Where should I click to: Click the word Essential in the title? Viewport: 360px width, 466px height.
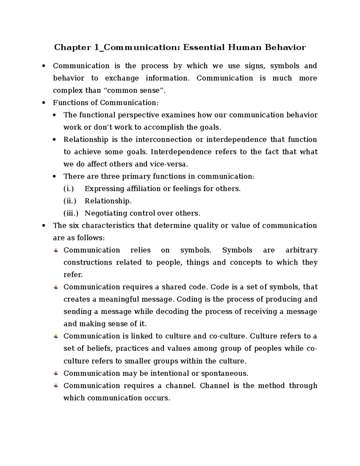pos(204,47)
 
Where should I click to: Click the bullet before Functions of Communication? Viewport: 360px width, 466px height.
pos(44,103)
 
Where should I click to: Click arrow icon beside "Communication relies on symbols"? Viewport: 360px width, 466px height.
pos(56,250)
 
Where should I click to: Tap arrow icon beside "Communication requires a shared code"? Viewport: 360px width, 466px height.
pos(56,287)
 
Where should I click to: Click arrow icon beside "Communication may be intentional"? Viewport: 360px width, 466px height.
pos(56,373)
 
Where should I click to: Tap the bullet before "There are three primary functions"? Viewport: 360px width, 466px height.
pos(54,177)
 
